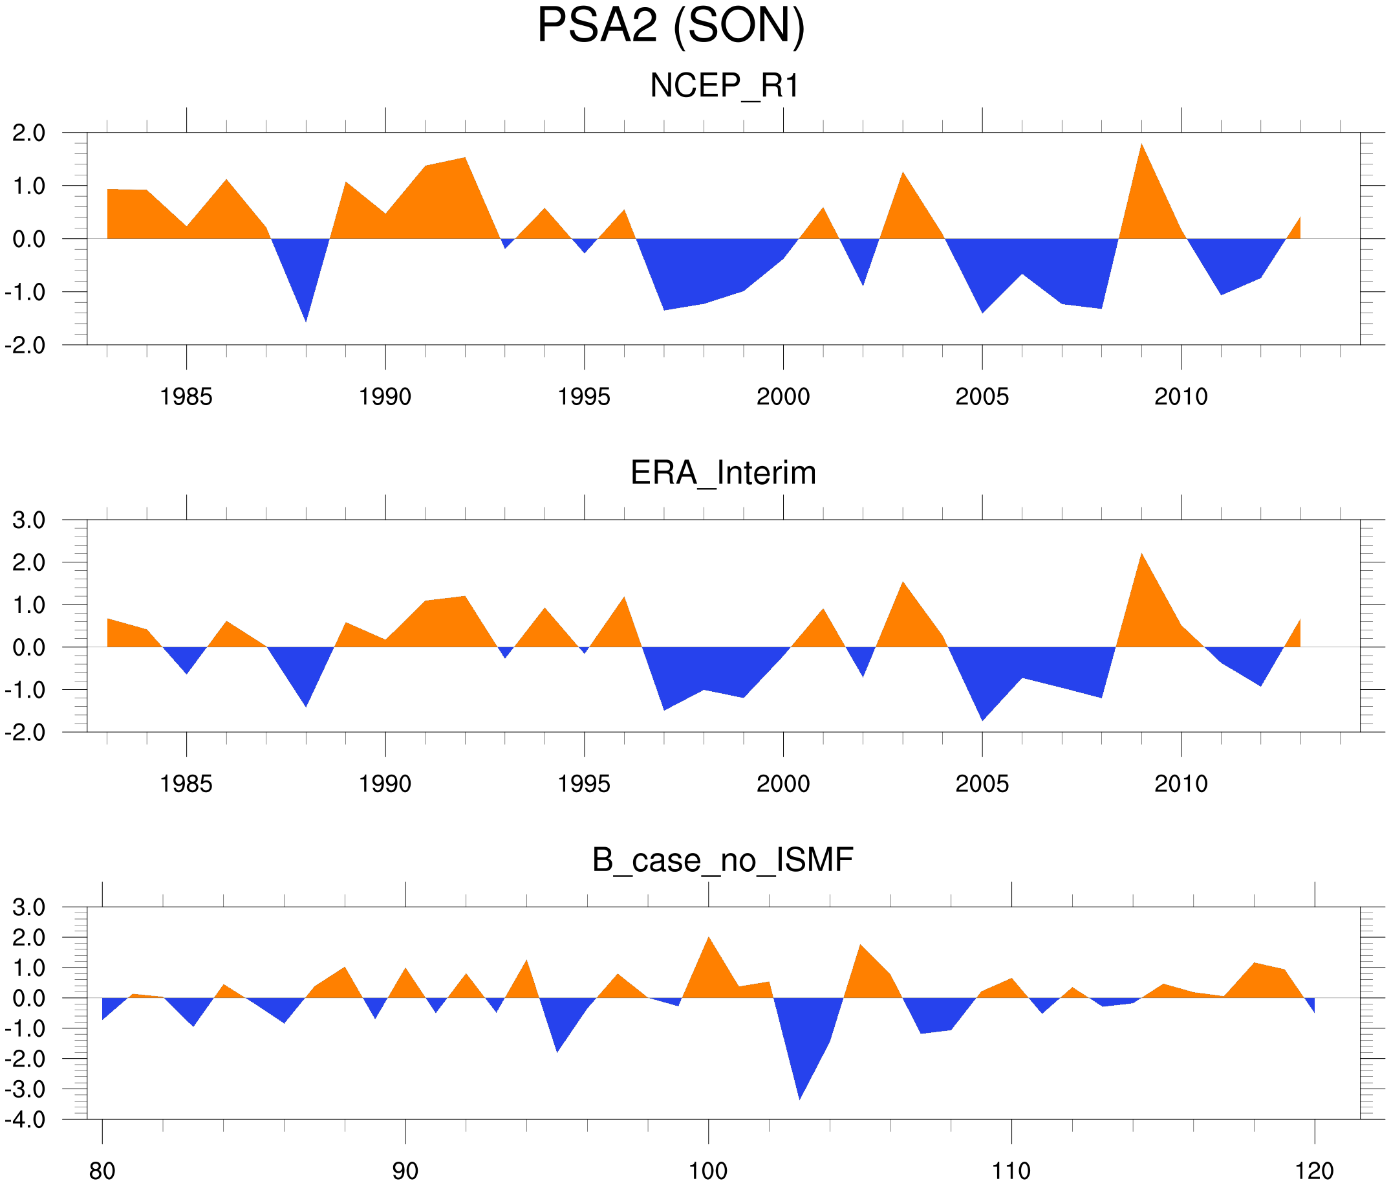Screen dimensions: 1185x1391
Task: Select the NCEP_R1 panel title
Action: click(x=724, y=86)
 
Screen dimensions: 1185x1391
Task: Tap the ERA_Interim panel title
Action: click(x=723, y=473)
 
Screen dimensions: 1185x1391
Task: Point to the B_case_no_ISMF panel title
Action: click(x=722, y=861)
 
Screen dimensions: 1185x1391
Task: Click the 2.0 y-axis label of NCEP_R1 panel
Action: click(x=29, y=133)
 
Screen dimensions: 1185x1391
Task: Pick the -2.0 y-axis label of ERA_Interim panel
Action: click(x=25, y=733)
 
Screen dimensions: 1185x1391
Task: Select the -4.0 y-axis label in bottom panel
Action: click(x=25, y=1120)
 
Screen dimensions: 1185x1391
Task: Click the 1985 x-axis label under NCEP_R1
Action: click(x=186, y=397)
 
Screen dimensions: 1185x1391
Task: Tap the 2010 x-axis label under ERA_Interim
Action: click(x=1181, y=784)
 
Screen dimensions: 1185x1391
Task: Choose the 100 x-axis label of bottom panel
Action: click(x=708, y=1171)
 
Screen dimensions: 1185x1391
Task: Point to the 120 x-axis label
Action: click(x=1314, y=1171)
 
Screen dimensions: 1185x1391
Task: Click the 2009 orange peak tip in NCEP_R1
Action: click(x=1141, y=144)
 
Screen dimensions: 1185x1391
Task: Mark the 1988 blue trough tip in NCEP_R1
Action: click(x=306, y=321)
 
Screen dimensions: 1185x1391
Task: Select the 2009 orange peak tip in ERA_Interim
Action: click(x=1141, y=554)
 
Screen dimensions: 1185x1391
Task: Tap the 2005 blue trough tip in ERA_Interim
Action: click(x=982, y=720)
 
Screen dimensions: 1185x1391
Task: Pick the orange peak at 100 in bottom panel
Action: click(x=708, y=938)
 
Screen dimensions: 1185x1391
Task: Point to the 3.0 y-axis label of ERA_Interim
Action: click(x=29, y=520)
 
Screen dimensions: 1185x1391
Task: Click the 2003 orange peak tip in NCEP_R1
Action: click(x=903, y=173)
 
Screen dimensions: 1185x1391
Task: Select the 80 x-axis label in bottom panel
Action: click(x=102, y=1171)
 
